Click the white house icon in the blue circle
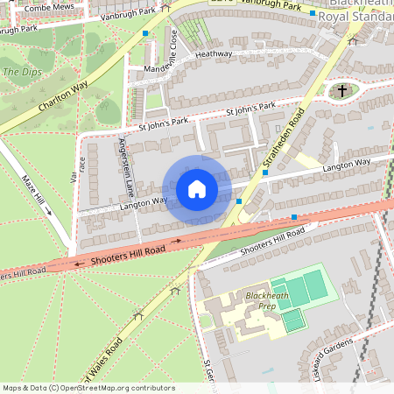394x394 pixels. tap(196, 189)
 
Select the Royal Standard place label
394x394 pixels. tap(355, 17)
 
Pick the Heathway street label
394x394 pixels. tap(214, 54)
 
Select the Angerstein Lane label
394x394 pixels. tap(125, 166)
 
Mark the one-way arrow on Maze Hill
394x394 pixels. tap(49, 211)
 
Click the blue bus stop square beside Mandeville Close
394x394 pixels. tap(145, 33)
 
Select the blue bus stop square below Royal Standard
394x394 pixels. tap(312, 14)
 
